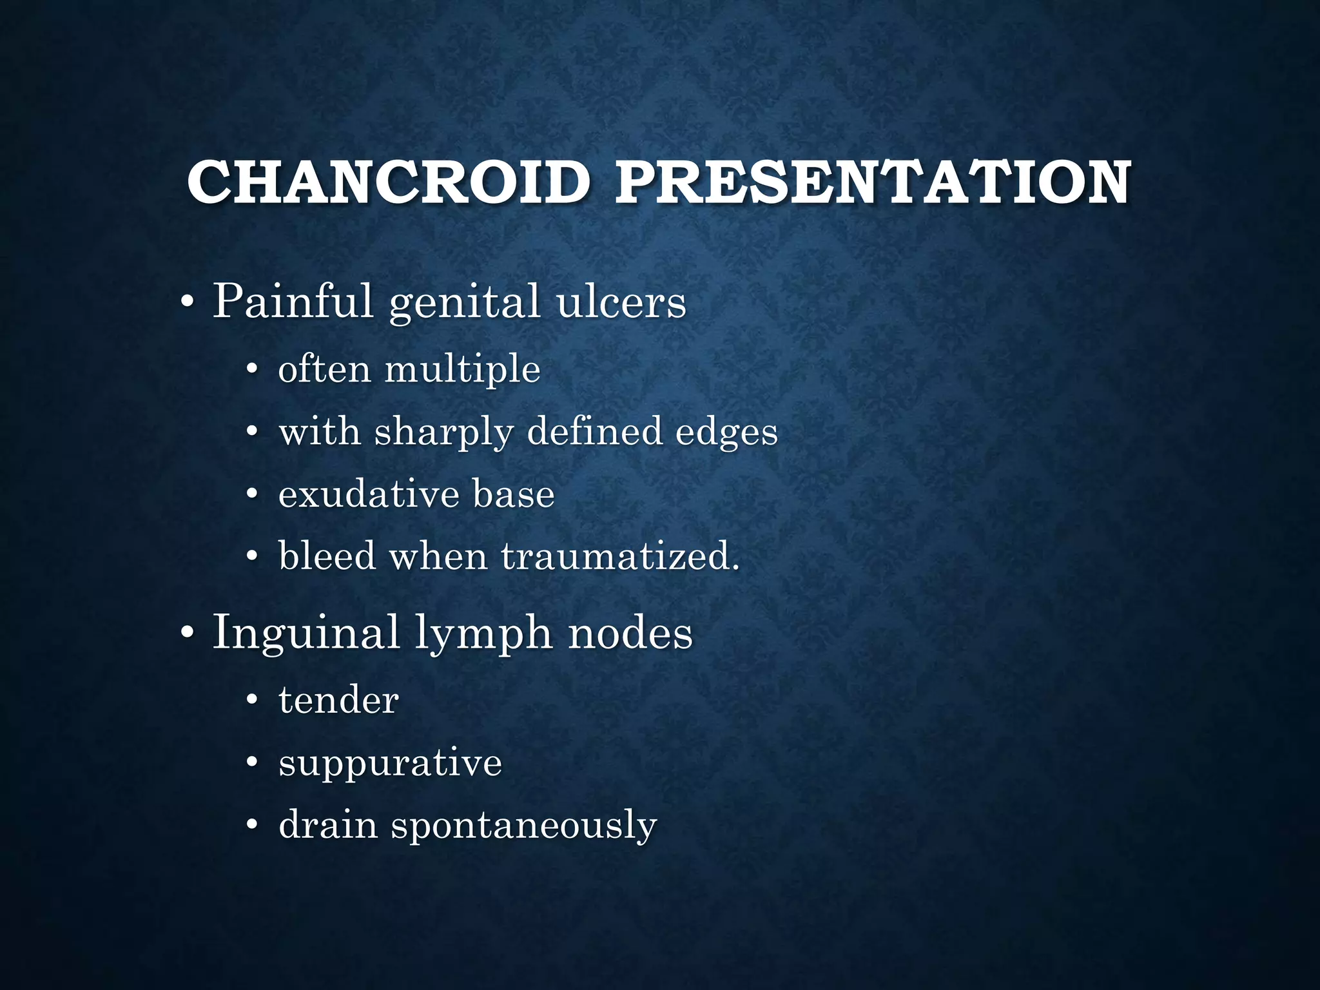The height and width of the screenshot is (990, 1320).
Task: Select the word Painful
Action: (x=293, y=301)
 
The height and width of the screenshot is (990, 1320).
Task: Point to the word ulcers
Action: (x=621, y=301)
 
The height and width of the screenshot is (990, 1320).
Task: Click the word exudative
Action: (x=369, y=495)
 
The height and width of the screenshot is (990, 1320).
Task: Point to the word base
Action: (x=513, y=494)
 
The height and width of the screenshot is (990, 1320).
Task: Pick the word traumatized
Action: (x=620, y=556)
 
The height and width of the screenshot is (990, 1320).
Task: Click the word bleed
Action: (x=327, y=556)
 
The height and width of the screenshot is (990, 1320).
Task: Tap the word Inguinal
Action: (x=306, y=633)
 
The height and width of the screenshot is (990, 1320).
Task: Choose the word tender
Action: (x=338, y=701)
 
